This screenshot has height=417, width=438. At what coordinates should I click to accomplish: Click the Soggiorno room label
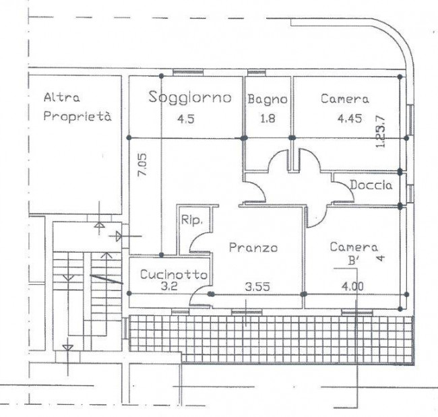point(190,98)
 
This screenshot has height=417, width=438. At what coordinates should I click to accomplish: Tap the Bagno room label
point(268,100)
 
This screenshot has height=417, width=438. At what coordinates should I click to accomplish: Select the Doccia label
point(371,185)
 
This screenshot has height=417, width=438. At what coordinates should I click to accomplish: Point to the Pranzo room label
point(253,247)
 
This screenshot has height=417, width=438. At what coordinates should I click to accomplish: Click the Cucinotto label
point(174,275)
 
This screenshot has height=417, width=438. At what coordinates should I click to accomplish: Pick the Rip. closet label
point(191,220)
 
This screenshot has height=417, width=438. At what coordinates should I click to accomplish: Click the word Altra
point(62,98)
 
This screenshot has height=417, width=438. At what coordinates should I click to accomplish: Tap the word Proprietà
point(77,116)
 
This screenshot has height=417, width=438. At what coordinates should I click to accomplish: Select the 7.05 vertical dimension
point(142,164)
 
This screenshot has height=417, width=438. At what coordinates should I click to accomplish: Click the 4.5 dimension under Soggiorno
point(186,119)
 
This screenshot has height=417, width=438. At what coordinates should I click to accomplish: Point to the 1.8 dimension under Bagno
point(268,119)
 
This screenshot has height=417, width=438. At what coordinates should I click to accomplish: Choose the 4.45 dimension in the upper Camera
point(350,119)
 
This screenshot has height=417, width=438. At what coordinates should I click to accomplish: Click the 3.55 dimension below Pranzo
point(257,287)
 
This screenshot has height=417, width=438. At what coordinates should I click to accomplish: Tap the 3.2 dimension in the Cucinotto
point(169,286)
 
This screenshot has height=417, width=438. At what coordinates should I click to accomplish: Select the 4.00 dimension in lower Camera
point(352,286)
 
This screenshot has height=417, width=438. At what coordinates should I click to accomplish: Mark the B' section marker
point(353,261)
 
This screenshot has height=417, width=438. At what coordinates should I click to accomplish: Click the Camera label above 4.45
point(345,99)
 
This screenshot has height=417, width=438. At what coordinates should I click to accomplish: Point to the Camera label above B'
point(354,247)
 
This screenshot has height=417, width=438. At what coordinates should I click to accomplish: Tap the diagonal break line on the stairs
point(106,279)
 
